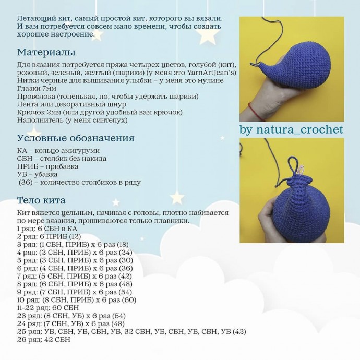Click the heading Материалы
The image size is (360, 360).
pos(46,53)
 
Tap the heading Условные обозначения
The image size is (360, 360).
pos(76,138)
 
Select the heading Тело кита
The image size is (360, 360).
pos(41,200)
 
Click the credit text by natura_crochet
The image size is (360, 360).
pos(292,129)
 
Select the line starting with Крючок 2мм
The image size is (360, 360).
pos(100,112)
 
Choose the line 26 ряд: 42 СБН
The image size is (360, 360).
pos(44,340)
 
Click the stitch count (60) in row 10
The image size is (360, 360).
pos(130,300)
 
